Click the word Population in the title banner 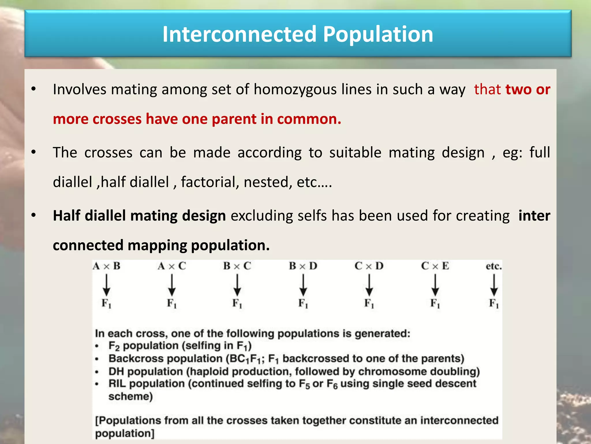pyautogui.click(x=378, y=34)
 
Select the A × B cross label pyautogui.click(x=106, y=266)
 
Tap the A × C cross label pyautogui.click(x=172, y=266)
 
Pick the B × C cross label pyautogui.click(x=237, y=266)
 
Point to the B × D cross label pyautogui.click(x=303, y=266)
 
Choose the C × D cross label pyautogui.click(x=369, y=266)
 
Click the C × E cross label pyautogui.click(x=435, y=266)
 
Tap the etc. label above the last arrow pyautogui.click(x=494, y=266)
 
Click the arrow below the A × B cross pyautogui.click(x=106, y=285)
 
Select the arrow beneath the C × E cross pyautogui.click(x=435, y=285)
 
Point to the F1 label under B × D pyautogui.click(x=303, y=304)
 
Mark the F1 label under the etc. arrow pyautogui.click(x=494, y=304)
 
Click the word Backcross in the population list pyautogui.click(x=136, y=358)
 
